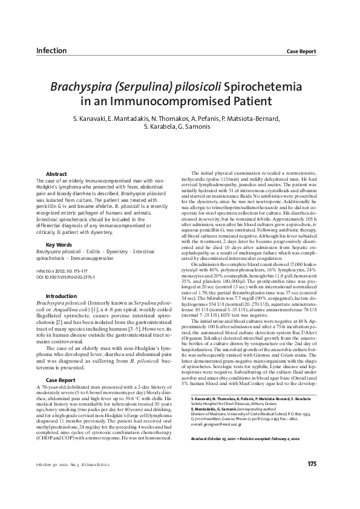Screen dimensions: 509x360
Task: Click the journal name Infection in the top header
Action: (x=52, y=50)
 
